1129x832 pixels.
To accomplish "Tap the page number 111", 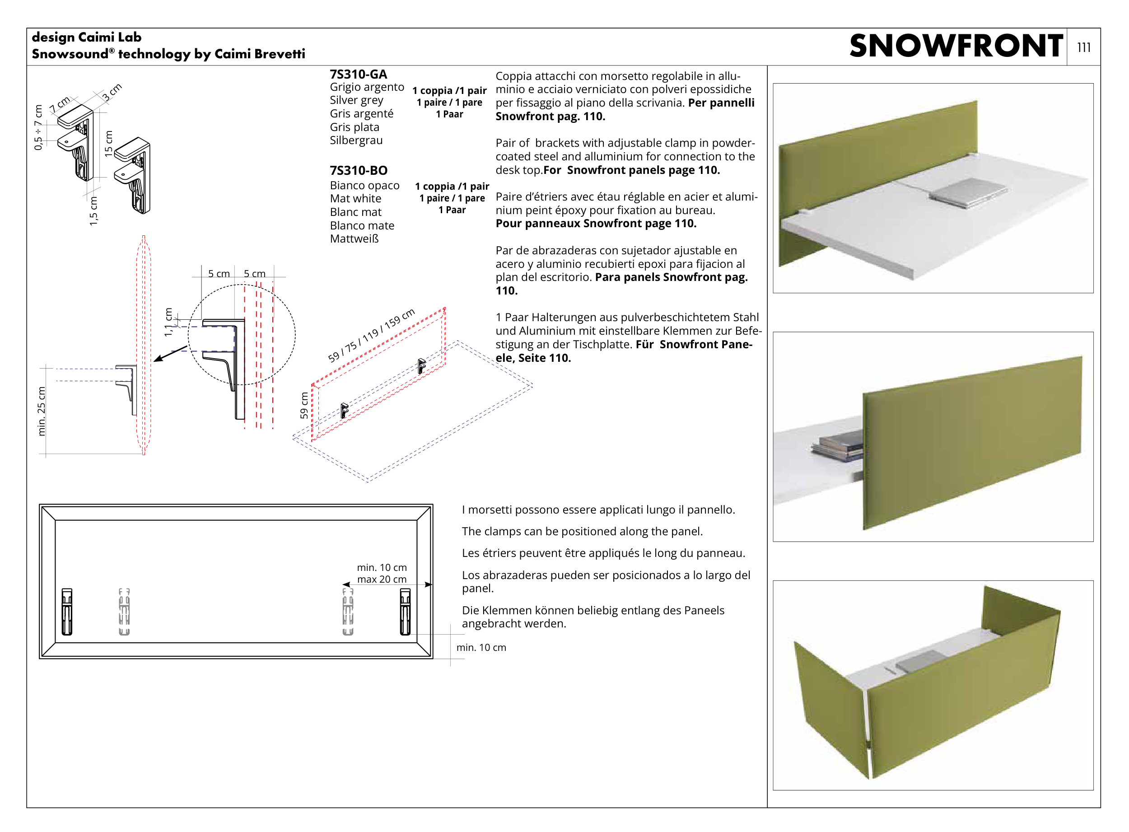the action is pos(1083,47).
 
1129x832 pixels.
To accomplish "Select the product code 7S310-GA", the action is pos(358,75).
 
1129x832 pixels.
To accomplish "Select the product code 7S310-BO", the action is pos(359,171).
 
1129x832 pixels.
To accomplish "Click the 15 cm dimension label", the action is pos(108,144).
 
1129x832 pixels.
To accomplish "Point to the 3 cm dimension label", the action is pos(112,92).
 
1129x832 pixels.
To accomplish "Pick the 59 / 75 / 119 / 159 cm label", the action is pos(371,335).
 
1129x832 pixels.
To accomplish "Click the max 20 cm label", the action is pos(382,579).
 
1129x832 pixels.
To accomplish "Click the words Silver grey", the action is pos(356,100).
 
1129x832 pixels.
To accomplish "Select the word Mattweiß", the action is pos(354,239).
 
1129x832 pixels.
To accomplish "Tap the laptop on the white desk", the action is pos(967,192).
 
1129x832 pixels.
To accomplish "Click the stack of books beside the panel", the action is pos(837,445).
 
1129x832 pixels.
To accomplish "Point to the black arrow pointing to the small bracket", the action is pos(171,354).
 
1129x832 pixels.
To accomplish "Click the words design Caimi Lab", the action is pos(87,37).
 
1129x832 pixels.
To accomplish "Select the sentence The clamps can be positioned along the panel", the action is pos(582,531).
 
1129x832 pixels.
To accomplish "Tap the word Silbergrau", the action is pos(356,140).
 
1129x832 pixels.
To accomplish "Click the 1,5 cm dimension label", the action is pos(93,211).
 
